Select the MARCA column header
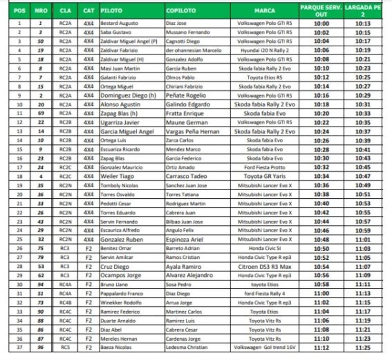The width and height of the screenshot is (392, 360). [x=264, y=10]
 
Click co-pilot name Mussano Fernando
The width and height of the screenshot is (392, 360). [x=187, y=32]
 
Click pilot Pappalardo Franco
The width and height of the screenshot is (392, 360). [x=121, y=293]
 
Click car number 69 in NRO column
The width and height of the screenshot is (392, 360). [x=40, y=113]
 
